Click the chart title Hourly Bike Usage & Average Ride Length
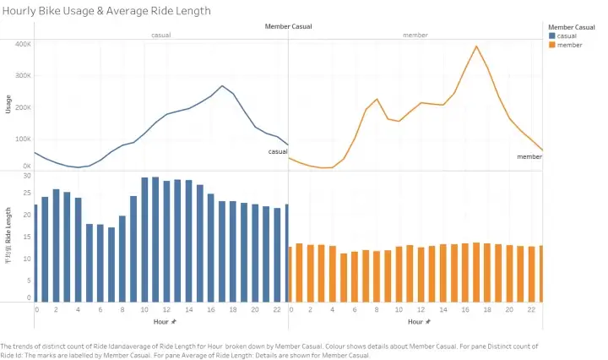[107, 11]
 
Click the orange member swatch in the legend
[551, 45]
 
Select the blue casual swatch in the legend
[551, 36]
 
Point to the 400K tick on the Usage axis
[21, 44]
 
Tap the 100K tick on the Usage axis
[21, 139]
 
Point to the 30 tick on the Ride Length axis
[25, 176]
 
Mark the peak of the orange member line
[476, 46]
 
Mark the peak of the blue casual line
[222, 86]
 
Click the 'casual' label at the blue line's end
[278, 152]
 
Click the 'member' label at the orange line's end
[529, 156]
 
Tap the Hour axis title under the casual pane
[165, 322]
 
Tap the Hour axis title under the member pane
[418, 322]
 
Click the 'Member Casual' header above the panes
[288, 27]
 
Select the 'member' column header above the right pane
[415, 35]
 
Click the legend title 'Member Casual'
[572, 27]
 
